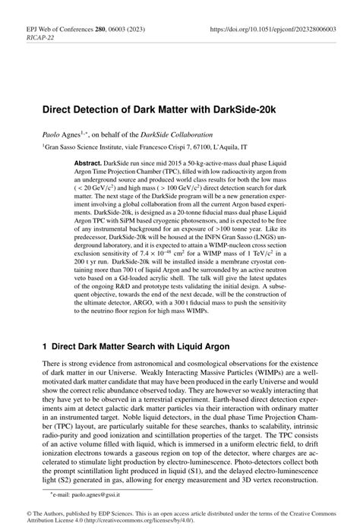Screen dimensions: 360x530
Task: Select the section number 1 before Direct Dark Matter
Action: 45,344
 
